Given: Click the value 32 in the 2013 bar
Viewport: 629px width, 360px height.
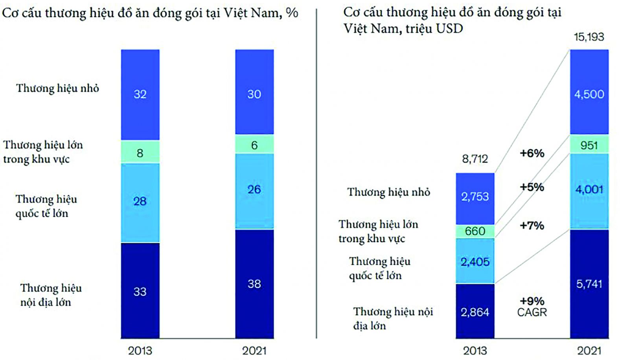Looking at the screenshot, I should pos(140,94).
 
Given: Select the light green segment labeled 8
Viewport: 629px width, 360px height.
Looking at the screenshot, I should pos(140,152).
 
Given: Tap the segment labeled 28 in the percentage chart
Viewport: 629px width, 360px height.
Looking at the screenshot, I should pos(140,201).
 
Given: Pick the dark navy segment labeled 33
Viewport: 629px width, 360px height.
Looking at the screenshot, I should pos(140,291).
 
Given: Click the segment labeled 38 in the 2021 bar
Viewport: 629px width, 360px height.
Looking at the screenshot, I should pos(254,284).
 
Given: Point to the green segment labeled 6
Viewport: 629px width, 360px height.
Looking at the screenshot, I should pos(254,145).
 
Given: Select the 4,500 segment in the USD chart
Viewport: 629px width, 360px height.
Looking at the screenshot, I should pos(589,94).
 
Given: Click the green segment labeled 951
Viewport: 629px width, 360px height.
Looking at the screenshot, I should pos(589,145).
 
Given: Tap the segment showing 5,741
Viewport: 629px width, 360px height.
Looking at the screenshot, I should pos(589,284).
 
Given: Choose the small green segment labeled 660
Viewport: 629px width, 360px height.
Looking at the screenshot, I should pos(475,231).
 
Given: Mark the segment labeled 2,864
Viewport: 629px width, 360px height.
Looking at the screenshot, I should pos(475,312).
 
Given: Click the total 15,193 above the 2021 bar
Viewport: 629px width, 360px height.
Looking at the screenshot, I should pos(589,37).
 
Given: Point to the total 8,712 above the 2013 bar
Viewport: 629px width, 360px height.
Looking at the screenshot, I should pos(475,159).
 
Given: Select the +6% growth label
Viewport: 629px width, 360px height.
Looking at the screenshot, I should pos(532,153).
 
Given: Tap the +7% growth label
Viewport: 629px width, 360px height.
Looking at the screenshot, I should pos(532,225).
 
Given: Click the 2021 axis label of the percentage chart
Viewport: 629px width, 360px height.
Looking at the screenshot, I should pos(254,350).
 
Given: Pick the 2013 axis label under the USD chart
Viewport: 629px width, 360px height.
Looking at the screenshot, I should pos(475,350).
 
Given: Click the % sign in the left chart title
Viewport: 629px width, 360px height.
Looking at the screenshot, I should pos(292,13).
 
